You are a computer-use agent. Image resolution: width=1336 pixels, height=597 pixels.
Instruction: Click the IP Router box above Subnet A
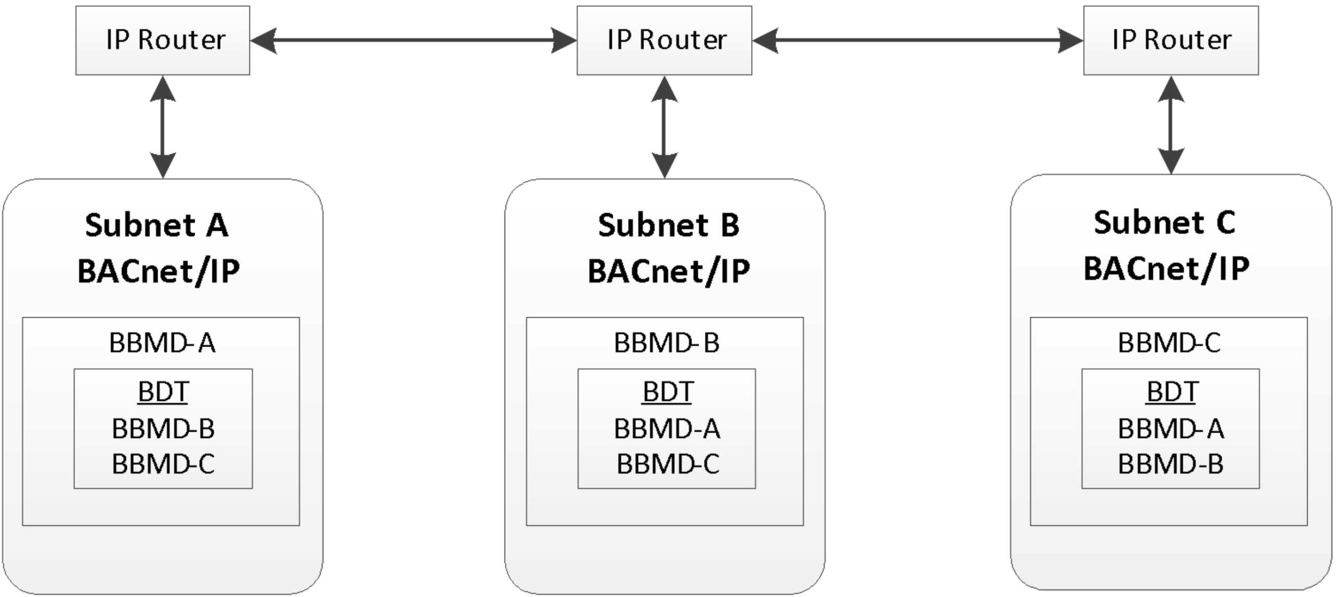tap(163, 40)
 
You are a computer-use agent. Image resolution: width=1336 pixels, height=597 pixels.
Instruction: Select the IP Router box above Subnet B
tap(664, 40)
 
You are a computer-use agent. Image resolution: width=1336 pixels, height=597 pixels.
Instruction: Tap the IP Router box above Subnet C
tap(1171, 40)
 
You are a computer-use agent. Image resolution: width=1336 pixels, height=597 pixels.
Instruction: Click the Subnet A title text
tap(157, 225)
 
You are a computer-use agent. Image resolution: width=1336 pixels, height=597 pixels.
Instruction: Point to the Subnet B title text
tap(669, 225)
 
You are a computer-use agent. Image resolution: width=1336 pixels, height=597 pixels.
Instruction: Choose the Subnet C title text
tap(1164, 222)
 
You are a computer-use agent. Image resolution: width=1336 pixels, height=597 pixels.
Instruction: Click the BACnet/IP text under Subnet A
tap(159, 271)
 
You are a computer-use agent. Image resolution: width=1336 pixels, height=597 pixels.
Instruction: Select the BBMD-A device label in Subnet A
tap(162, 343)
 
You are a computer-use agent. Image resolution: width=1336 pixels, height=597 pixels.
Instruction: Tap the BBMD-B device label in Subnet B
tap(666, 343)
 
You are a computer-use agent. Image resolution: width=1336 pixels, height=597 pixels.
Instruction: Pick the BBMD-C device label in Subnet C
tap(1169, 343)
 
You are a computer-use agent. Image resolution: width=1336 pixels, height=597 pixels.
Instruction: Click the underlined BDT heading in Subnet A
tap(163, 392)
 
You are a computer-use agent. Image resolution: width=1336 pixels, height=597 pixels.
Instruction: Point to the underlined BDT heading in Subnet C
tap(1172, 392)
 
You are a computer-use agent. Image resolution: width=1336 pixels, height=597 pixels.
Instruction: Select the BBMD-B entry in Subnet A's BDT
tap(163, 428)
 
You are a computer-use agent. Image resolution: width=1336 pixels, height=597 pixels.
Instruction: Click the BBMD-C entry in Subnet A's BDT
tap(163, 464)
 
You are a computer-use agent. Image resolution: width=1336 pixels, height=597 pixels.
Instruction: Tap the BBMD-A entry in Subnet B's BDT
tap(667, 428)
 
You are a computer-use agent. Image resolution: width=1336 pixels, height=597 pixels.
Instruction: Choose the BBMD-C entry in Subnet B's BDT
tap(668, 464)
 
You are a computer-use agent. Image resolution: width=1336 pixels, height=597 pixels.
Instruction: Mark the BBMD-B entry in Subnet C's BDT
tap(1171, 464)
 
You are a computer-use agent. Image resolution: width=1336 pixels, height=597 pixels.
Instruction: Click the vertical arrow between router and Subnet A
tap(163, 127)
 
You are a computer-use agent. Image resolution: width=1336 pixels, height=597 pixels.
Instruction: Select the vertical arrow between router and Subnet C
tap(1171, 125)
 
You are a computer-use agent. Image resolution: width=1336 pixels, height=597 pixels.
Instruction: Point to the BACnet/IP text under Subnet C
tap(1167, 269)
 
